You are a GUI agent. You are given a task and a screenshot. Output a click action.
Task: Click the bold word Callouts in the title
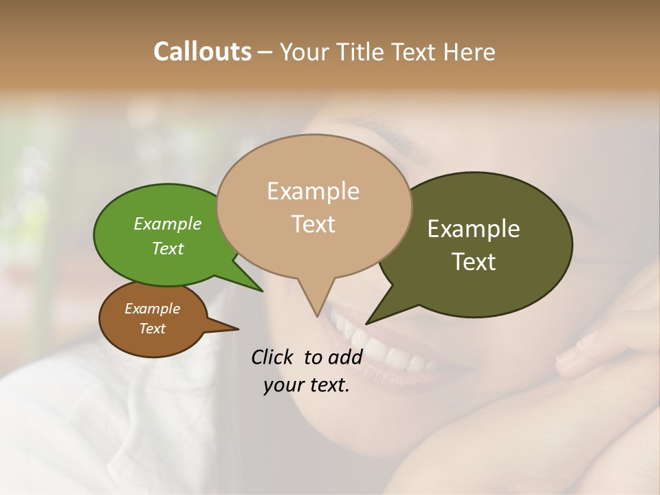point(202,52)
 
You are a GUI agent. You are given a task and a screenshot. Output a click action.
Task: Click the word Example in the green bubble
point(168,223)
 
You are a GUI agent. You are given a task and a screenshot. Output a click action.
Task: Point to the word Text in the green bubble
point(168,248)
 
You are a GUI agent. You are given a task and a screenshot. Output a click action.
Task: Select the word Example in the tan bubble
point(313,191)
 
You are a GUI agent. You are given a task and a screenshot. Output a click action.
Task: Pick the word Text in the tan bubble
point(313,224)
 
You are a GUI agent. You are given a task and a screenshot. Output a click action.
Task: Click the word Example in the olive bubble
point(474,229)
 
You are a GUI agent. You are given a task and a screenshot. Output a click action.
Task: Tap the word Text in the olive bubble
point(474,262)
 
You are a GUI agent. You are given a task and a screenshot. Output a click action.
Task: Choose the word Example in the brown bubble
point(152,309)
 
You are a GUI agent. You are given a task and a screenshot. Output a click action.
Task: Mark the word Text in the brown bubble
point(152,329)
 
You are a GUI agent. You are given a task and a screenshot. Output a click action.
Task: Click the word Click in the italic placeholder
point(274,357)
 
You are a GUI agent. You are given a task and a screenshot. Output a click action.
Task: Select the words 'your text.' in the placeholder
point(307,386)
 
